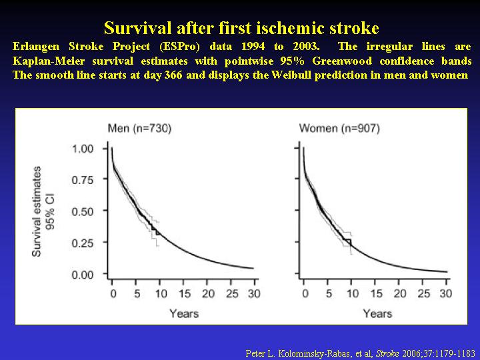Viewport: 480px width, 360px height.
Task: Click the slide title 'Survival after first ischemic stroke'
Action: (x=241, y=28)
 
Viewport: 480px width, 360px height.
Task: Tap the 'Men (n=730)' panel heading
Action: (x=139, y=128)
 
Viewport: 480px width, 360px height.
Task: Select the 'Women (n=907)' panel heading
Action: (x=339, y=128)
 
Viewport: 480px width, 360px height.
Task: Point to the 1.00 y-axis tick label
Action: (x=83, y=149)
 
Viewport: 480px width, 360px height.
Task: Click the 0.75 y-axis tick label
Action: (x=83, y=180)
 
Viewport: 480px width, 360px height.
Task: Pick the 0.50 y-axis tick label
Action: (x=83, y=211)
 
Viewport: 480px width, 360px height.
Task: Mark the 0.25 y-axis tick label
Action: (x=83, y=243)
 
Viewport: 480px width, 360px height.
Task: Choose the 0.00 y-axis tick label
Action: (x=83, y=274)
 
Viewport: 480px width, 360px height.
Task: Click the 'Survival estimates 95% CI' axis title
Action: (x=43, y=211)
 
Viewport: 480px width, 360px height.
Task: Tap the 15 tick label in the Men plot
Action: (x=184, y=294)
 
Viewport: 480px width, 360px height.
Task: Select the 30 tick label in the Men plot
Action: (x=254, y=294)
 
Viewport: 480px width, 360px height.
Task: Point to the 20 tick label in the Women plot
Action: (x=399, y=294)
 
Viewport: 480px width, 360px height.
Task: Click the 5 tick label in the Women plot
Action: (x=329, y=294)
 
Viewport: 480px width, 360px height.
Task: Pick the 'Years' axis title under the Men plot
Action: (x=184, y=313)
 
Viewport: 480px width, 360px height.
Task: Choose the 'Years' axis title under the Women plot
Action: (x=377, y=313)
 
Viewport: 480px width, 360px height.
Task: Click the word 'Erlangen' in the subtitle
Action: (x=37, y=47)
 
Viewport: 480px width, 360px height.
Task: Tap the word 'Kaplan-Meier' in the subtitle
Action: (x=49, y=61)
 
